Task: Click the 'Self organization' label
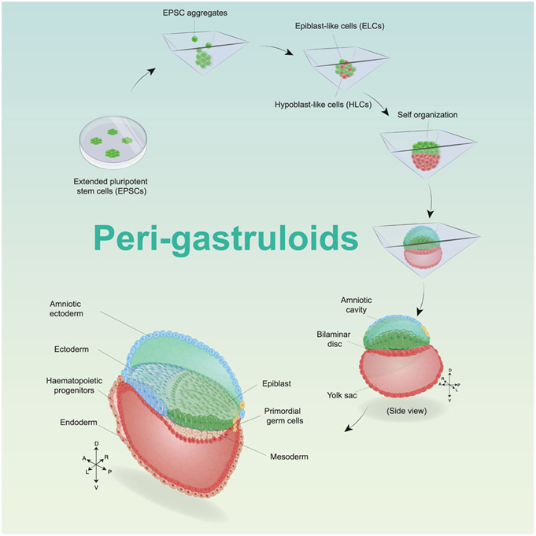click(425, 114)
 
